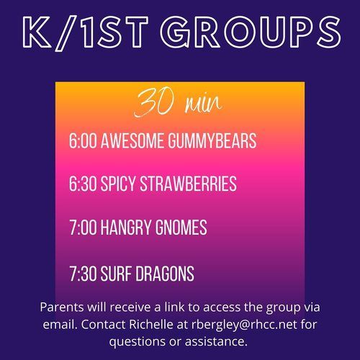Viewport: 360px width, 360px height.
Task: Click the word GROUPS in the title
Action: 251,32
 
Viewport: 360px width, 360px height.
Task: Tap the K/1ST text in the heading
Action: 85,33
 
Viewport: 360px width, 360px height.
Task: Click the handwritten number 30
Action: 154,103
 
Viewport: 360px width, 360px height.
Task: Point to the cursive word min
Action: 203,104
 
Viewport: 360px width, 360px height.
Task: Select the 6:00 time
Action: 83,140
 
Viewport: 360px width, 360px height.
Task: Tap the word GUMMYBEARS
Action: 212,140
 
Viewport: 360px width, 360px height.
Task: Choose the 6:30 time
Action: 83,184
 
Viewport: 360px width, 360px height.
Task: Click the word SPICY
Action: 118,184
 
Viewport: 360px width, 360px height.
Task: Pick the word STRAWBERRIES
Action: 189,184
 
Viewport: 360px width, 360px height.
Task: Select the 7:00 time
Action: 84,227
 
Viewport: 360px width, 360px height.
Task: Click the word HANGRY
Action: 125,227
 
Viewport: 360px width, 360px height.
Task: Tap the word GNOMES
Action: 181,227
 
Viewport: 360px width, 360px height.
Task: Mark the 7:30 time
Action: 83,274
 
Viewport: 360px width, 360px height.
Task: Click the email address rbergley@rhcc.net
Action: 244,325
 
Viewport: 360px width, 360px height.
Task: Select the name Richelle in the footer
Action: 151,325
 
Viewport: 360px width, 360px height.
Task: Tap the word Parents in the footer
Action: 62,307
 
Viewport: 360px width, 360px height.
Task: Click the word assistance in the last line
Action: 216,341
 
